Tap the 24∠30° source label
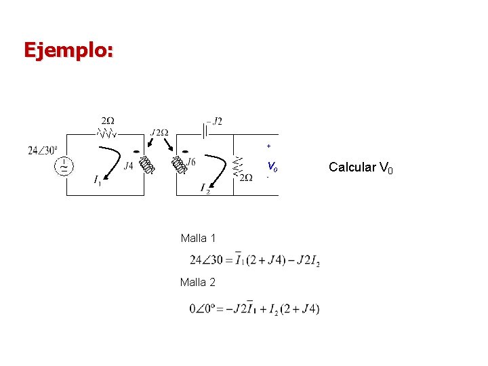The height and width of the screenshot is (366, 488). [43, 150]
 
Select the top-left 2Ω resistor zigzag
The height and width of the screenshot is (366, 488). [108, 133]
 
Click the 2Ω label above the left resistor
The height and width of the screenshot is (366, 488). [108, 120]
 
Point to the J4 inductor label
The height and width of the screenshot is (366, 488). [128, 165]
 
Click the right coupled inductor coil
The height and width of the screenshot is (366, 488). [179, 165]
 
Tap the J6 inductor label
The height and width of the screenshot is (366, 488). [191, 162]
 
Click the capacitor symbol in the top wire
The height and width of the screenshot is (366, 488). [204, 129]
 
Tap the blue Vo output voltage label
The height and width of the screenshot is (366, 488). [272, 165]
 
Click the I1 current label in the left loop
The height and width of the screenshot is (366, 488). [98, 180]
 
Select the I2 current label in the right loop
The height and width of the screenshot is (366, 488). [205, 188]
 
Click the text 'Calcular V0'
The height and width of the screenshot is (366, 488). [360, 167]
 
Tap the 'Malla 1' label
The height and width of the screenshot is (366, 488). [198, 238]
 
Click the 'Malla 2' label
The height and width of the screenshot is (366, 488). [198, 282]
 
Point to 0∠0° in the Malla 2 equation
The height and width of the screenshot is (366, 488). [203, 309]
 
